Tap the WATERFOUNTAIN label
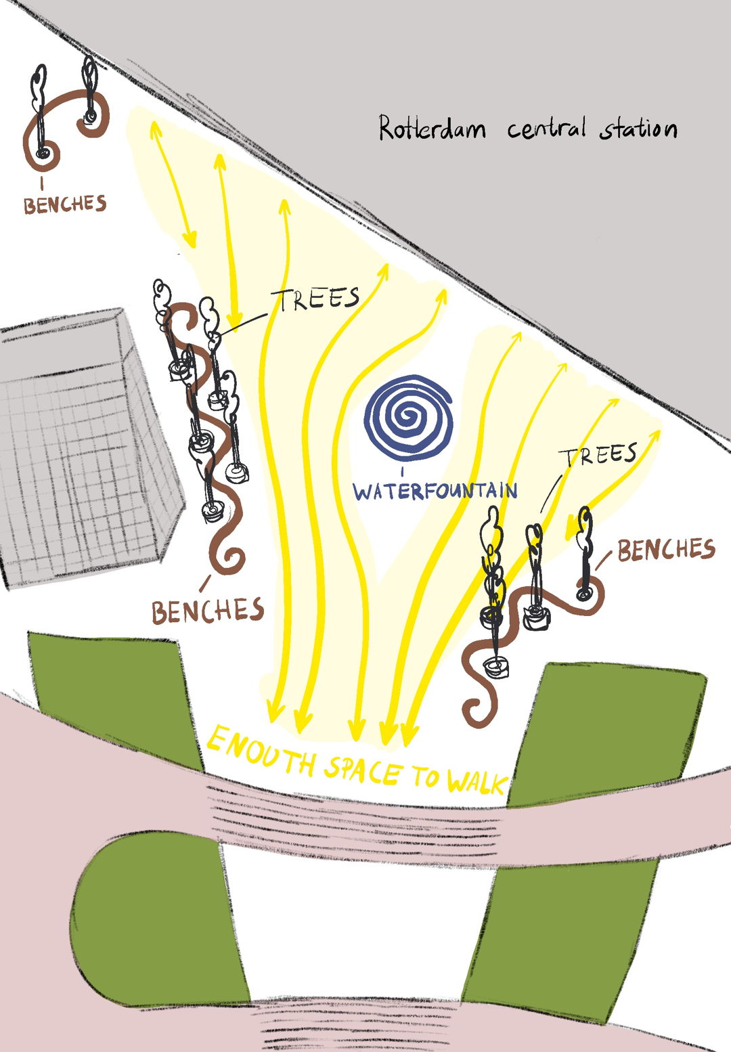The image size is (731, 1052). point(435,491)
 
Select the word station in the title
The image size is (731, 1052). point(638,128)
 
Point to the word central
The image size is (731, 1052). point(546,128)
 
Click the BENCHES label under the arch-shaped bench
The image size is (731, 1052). point(65,204)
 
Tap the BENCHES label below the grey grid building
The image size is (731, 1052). point(208,610)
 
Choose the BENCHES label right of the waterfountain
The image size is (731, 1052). point(666,550)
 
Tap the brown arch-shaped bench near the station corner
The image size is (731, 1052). point(66,127)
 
